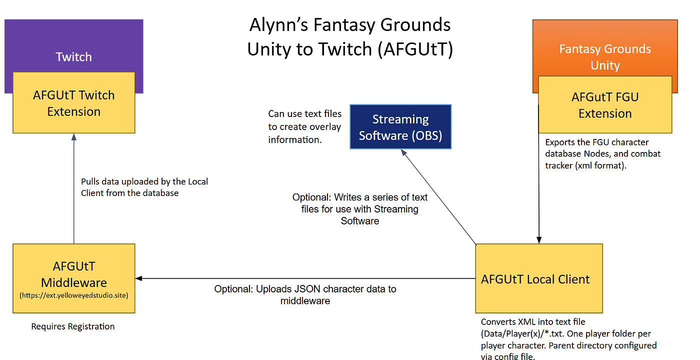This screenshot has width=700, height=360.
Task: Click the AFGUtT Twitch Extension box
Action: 73,103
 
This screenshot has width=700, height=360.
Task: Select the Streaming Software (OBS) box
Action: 400,127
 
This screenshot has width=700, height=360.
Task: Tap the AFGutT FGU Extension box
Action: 605,105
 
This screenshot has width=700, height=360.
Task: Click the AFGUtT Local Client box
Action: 538,278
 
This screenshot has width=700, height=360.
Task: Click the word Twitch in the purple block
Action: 74,57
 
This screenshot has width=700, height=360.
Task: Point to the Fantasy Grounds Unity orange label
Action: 605,57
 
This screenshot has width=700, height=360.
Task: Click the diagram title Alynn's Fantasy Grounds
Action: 350,24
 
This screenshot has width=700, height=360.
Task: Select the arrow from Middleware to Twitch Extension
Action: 74,190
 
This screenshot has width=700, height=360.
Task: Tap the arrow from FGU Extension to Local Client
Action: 538,200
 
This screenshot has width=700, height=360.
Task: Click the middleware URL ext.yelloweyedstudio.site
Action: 74,295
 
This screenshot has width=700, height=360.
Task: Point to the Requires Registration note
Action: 73,326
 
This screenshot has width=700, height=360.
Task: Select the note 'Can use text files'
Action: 305,114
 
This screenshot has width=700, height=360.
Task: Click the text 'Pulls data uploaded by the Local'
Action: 144,181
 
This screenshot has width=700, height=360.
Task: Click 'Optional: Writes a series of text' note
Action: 360,197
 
